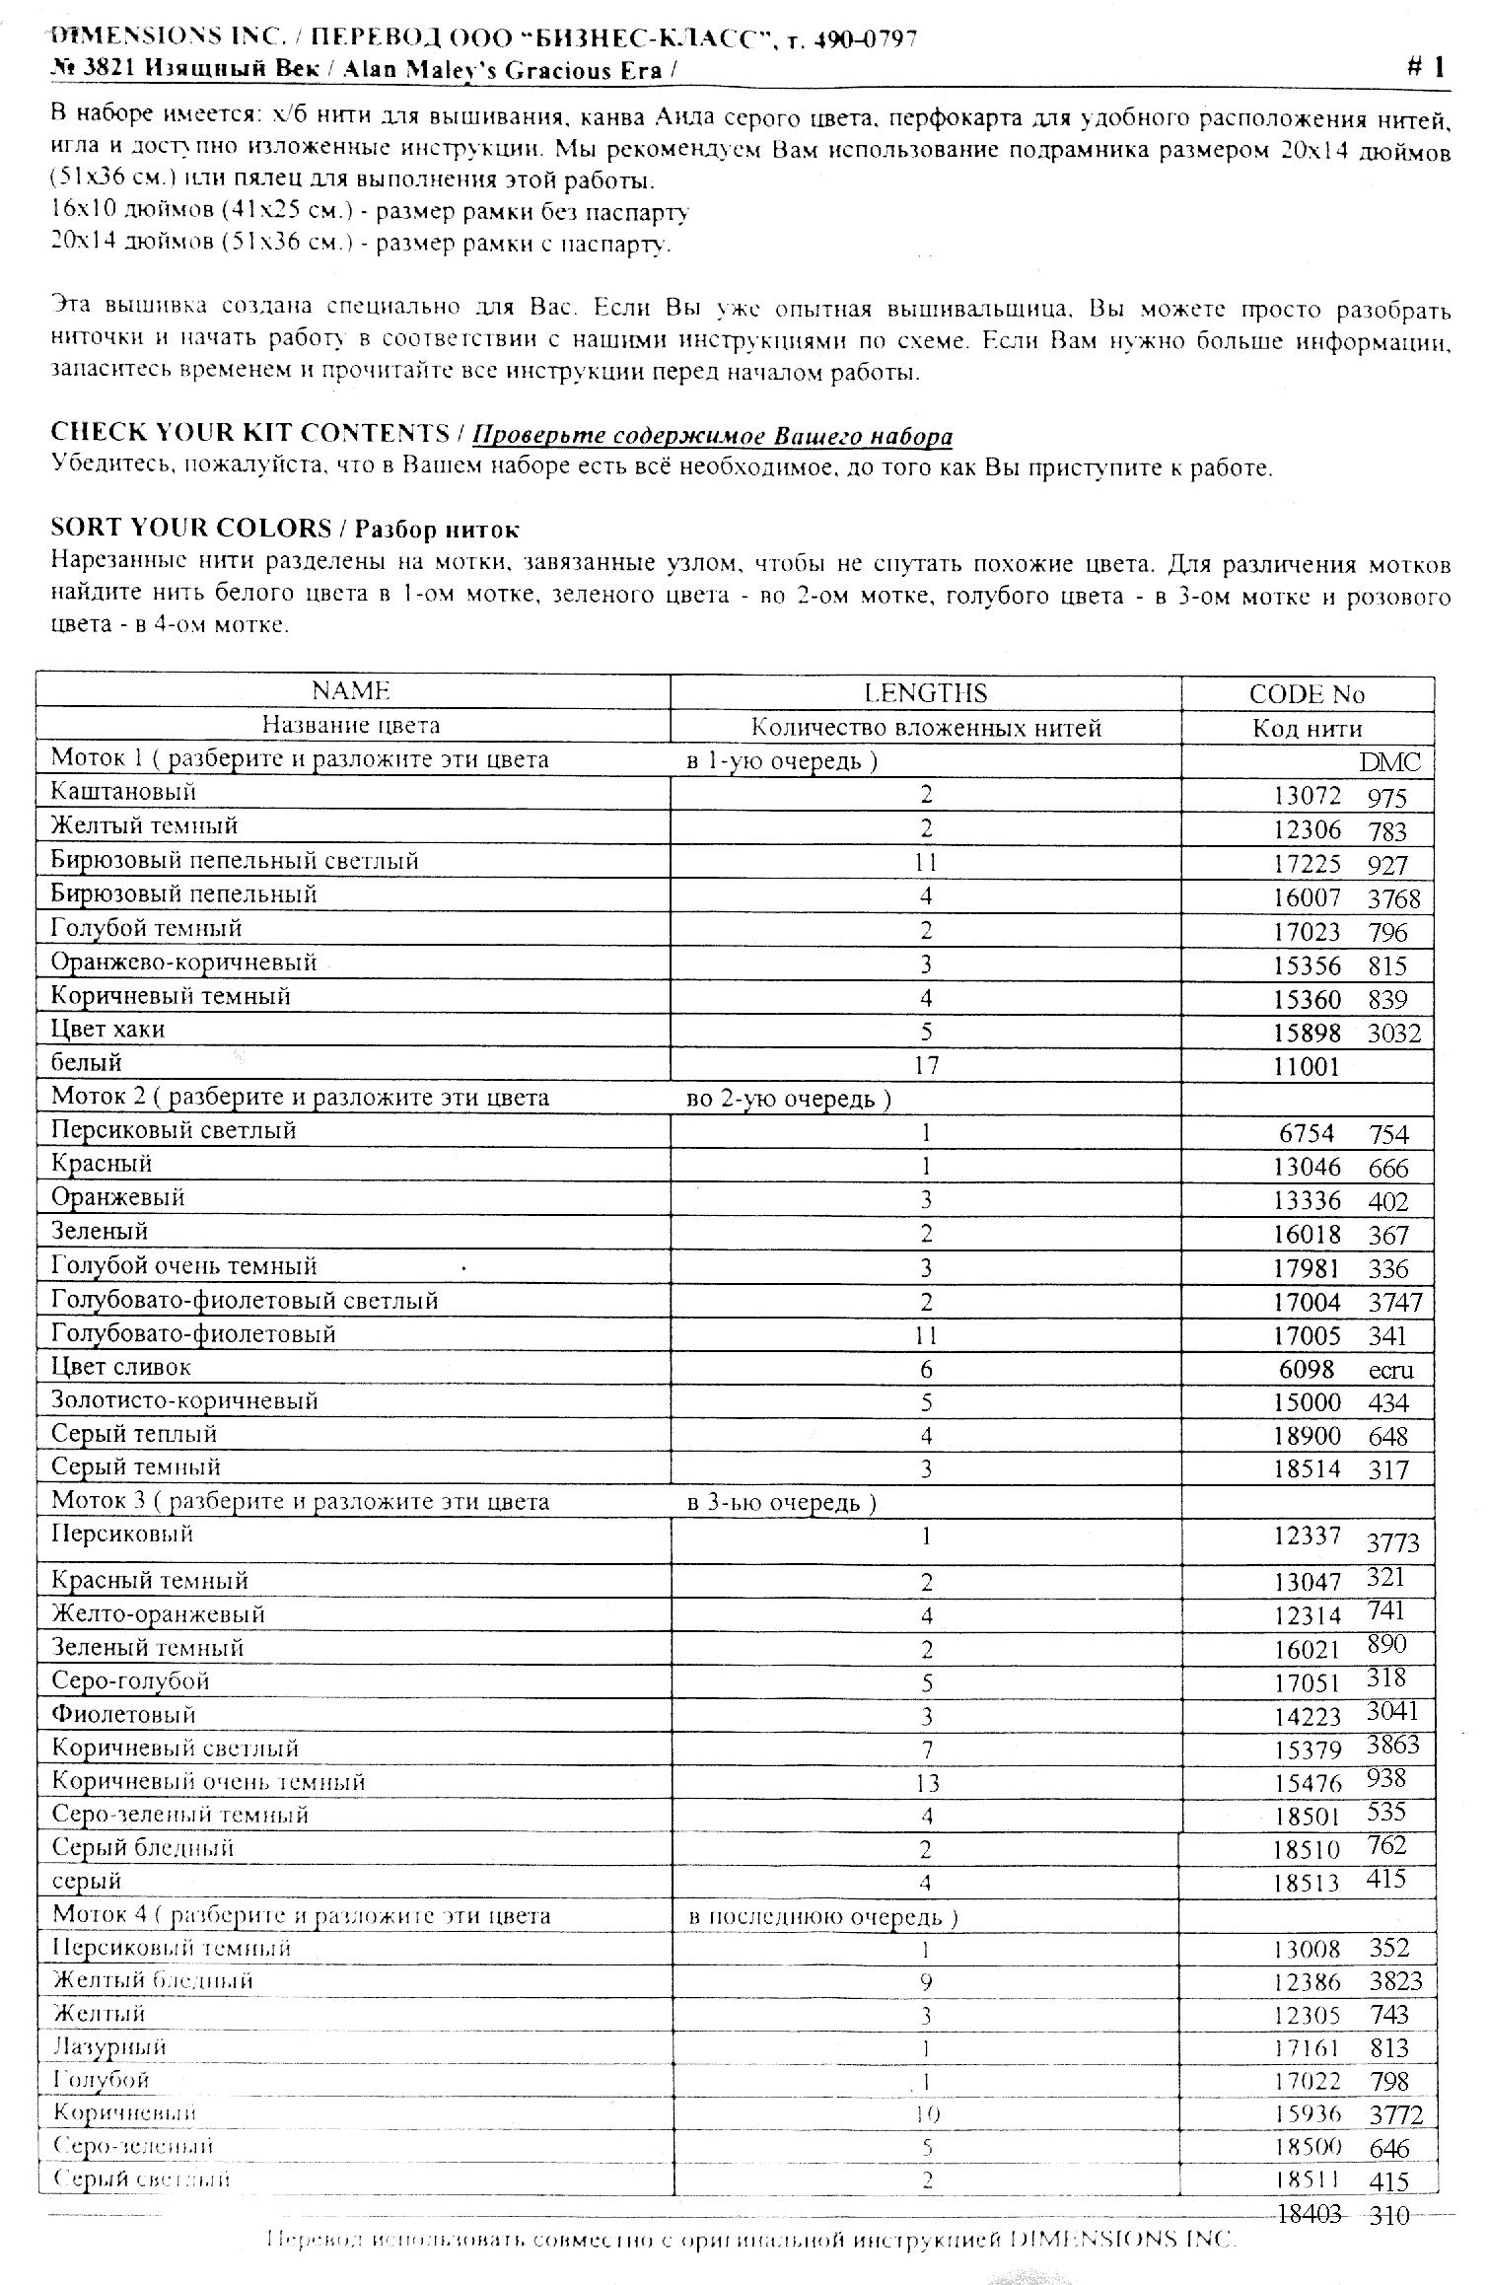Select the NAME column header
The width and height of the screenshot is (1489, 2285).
coord(351,691)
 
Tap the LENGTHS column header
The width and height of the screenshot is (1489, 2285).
coord(925,693)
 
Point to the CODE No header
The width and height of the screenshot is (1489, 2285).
coord(1307,694)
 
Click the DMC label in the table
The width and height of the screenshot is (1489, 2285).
coord(1390,761)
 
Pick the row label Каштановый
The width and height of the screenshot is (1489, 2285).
coord(124,792)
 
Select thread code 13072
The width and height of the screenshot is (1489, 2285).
coord(1307,797)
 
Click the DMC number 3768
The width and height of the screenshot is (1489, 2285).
coord(1394,898)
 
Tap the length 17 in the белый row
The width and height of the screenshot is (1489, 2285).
coord(926,1065)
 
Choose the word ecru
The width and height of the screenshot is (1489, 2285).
coord(1390,1370)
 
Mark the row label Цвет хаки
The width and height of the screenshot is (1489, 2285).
coord(108,1030)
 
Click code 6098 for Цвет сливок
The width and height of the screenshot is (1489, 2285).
coord(1307,1369)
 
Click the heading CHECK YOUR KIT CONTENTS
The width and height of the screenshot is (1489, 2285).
coord(250,433)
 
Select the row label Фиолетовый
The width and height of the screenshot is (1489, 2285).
coord(123,1715)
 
